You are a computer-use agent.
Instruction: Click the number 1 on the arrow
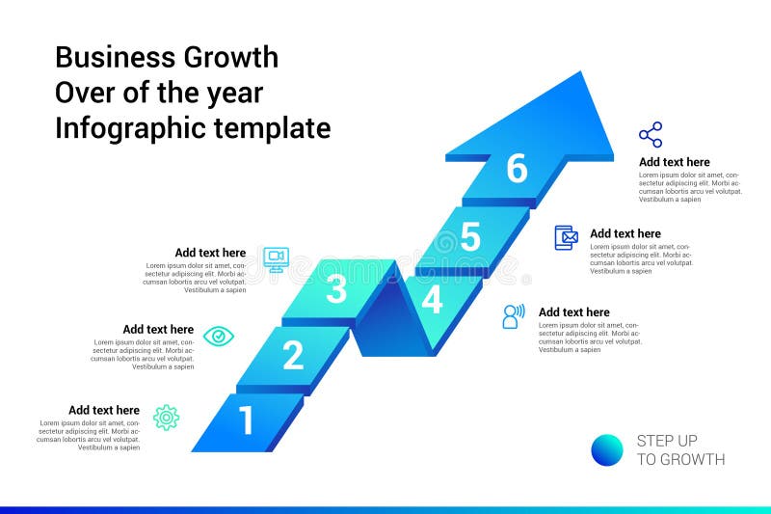[247, 421]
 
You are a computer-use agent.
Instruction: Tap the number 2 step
[293, 356]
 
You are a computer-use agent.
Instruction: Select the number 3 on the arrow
[336, 289]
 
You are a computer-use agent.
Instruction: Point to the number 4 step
[433, 300]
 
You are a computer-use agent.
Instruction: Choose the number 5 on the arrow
[470, 237]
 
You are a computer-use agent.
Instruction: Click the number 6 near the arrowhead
[518, 169]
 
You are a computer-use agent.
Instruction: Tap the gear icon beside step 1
[167, 418]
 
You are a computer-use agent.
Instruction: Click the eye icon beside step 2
[219, 336]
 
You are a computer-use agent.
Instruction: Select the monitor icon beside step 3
[276, 258]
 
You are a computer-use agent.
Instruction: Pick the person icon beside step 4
[513, 316]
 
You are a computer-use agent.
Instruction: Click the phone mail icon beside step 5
[566, 237]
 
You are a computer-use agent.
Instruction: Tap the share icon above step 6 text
[651, 134]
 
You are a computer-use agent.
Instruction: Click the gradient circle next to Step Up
[607, 450]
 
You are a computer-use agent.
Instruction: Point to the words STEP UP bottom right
[667, 441]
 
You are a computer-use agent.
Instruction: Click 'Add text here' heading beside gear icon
[104, 410]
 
